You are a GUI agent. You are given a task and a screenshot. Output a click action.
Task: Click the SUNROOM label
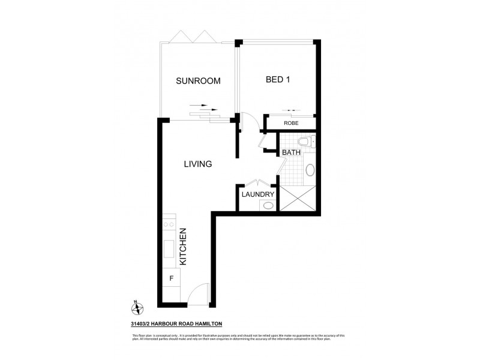197,81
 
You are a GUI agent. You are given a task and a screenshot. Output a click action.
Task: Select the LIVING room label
198,164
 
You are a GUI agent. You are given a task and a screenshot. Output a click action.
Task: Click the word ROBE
291,124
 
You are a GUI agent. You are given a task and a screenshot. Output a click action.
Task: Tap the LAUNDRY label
258,194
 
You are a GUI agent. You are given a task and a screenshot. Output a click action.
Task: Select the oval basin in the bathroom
310,170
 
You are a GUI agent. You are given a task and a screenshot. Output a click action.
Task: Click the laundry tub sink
268,205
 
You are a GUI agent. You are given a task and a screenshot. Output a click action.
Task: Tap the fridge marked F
171,278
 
